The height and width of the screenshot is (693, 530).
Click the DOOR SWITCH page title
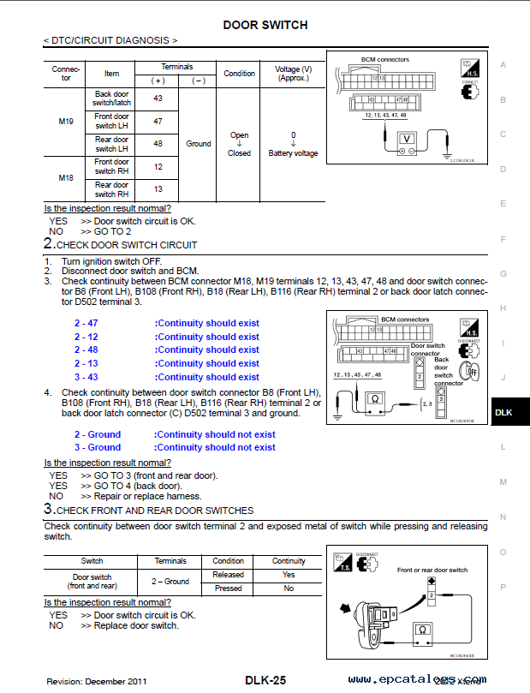tap(265, 25)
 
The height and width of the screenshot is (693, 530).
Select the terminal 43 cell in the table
tap(158, 99)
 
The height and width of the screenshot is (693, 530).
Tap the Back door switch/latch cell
tap(112, 99)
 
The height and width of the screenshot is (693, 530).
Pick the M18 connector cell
tap(66, 177)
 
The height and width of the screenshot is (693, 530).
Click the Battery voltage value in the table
tap(293, 153)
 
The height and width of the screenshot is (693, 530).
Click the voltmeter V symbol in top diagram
tap(408, 138)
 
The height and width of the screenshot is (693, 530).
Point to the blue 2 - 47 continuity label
tap(86, 323)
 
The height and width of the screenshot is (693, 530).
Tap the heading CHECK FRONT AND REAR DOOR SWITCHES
tap(156, 510)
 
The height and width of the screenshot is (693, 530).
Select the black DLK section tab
tap(503, 413)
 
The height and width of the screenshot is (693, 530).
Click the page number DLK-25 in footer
tap(265, 680)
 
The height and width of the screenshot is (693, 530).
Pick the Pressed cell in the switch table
tap(229, 588)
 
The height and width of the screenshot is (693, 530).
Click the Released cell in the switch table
tap(229, 575)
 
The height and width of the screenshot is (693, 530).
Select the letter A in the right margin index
tap(503, 65)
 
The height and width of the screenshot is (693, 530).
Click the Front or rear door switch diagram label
tap(432, 570)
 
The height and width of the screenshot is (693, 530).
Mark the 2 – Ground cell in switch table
tap(170, 582)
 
